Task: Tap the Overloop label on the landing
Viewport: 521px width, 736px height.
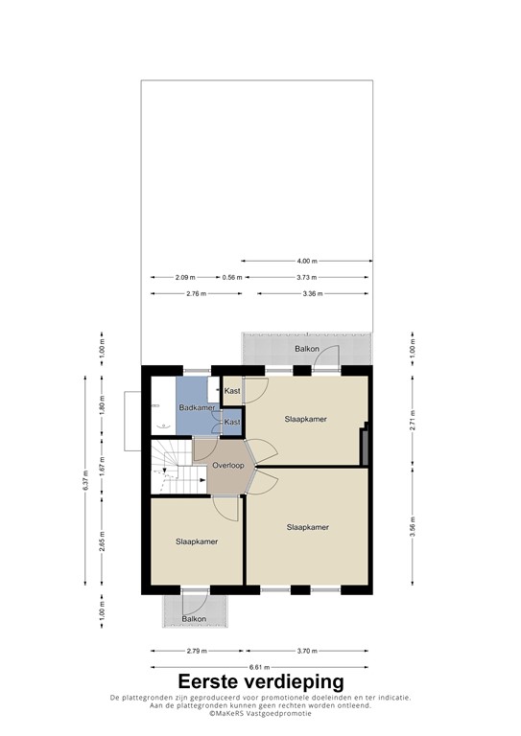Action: click(x=228, y=466)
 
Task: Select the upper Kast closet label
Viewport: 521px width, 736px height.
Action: click(x=232, y=391)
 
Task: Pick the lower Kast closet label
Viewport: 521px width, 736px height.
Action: click(x=232, y=422)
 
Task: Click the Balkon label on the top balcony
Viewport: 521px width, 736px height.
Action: click(x=307, y=349)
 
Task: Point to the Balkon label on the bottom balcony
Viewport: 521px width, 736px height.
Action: click(x=195, y=619)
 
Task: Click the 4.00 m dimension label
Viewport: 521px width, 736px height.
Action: click(x=307, y=261)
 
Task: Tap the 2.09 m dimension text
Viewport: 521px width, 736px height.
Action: click(x=185, y=277)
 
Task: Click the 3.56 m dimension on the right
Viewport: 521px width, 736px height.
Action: click(x=413, y=528)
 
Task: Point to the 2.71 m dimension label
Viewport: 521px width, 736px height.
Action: click(x=413, y=419)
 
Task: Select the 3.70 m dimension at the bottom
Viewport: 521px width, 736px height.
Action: click(x=307, y=652)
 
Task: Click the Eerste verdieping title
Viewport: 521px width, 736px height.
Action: click(x=260, y=682)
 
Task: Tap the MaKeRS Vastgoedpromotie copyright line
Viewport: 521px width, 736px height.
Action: click(x=260, y=715)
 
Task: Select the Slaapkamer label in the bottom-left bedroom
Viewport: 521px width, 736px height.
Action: click(x=196, y=541)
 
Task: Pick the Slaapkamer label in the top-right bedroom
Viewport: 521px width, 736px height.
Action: click(x=306, y=420)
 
